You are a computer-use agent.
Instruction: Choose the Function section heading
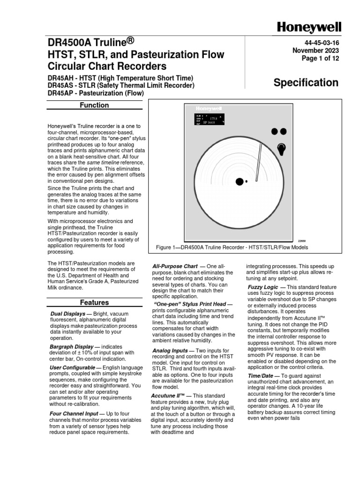click(x=94, y=105)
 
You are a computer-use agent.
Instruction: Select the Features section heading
click(x=94, y=303)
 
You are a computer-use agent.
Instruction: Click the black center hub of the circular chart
click(x=239, y=181)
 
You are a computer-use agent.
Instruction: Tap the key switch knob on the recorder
click(x=281, y=149)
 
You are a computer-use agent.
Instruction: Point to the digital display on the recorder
click(x=210, y=120)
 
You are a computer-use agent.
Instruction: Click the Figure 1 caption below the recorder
click(x=232, y=247)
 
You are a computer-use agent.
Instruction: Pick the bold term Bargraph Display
click(x=72, y=346)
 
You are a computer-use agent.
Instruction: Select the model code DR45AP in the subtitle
click(x=60, y=93)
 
